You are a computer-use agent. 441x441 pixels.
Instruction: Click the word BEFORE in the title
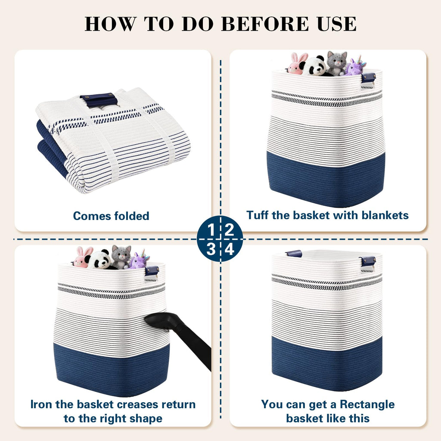tap(265, 24)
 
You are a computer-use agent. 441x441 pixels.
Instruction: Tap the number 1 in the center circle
tap(211, 230)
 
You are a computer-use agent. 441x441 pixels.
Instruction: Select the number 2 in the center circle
tap(229, 230)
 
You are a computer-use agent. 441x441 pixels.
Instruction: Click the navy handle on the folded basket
tap(99, 100)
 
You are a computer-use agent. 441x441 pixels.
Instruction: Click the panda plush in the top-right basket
tap(314, 66)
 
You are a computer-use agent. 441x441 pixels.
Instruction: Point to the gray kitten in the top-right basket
tap(336, 63)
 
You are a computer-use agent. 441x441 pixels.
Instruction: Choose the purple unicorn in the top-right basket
tap(355, 66)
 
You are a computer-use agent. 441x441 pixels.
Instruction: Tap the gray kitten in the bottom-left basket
tap(121, 257)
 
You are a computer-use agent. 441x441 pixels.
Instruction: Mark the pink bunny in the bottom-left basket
tap(82, 258)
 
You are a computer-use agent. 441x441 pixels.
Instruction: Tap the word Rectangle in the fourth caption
tap(367, 405)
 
